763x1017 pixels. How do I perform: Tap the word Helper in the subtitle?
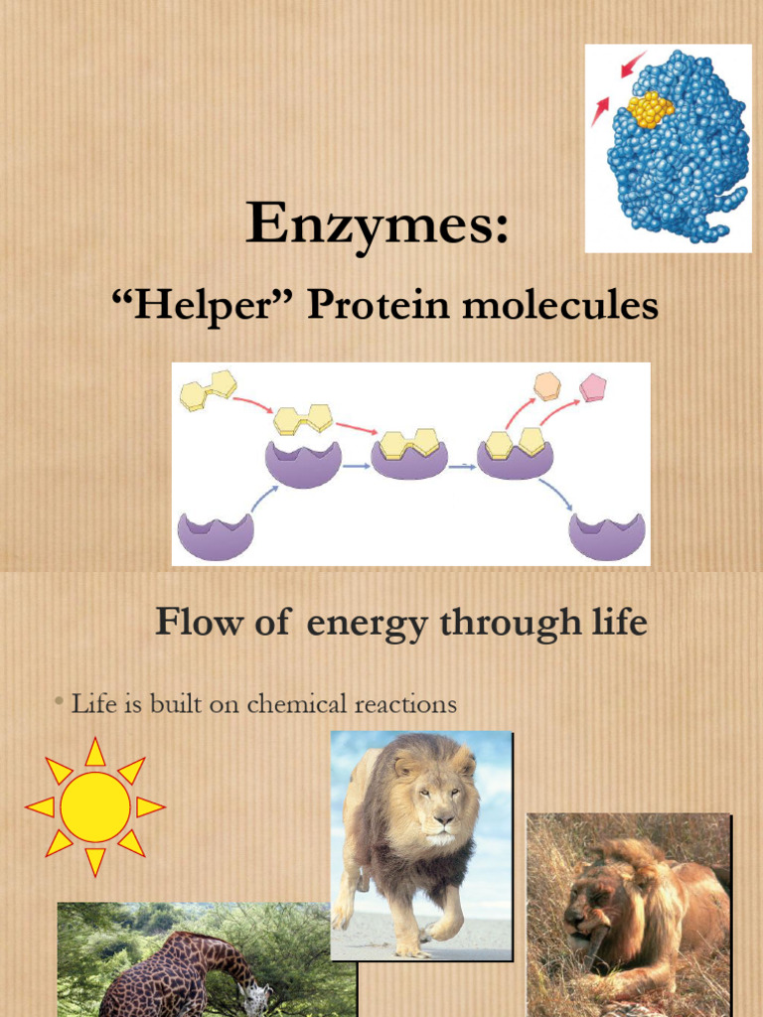tap(198, 306)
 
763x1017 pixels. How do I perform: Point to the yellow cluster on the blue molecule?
tap(651, 108)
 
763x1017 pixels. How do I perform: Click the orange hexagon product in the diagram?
tap(546, 385)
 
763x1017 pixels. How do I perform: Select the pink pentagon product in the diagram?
tap(593, 386)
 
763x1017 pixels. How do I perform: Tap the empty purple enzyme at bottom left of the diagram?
tap(216, 535)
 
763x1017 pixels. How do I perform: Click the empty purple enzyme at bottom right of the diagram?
tap(606, 535)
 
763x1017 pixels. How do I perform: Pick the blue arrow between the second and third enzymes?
tap(461, 466)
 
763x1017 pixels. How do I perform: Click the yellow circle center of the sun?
tap(95, 806)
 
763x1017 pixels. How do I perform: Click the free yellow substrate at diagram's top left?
tap(208, 389)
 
